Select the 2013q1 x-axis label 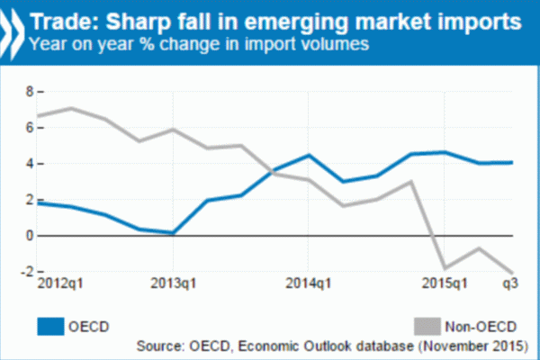[174, 285]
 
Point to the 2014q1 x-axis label [309, 285]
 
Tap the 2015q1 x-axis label [444, 285]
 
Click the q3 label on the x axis [509, 285]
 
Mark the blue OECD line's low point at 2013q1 [173, 233]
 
